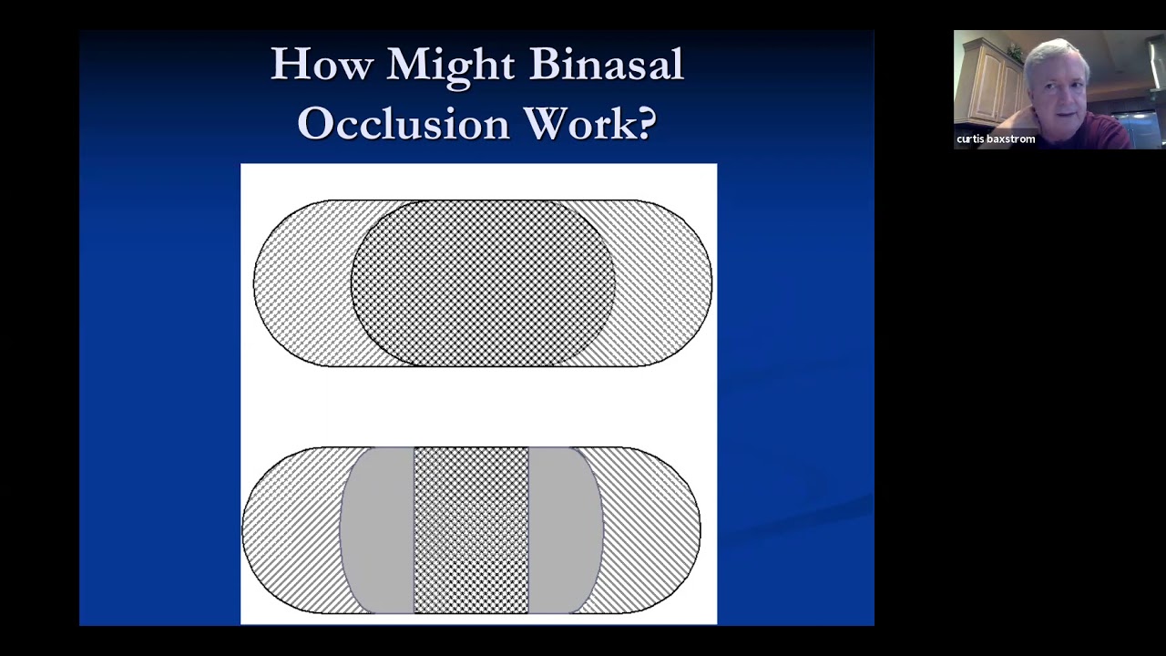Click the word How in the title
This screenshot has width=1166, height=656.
[322, 64]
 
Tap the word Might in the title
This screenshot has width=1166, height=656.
[451, 67]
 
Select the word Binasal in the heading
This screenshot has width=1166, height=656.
[607, 64]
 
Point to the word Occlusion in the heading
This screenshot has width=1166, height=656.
[404, 123]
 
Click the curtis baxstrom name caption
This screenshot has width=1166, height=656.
[996, 139]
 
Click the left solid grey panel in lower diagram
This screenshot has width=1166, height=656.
[377, 530]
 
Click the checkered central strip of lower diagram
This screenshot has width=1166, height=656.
[471, 530]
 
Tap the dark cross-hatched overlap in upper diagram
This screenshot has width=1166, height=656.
[483, 283]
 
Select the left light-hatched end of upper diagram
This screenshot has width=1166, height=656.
[302, 283]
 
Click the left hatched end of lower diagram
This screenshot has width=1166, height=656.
[291, 530]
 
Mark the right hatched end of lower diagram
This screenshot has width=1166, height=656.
[650, 530]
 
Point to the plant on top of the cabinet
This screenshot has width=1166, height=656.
[1014, 52]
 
